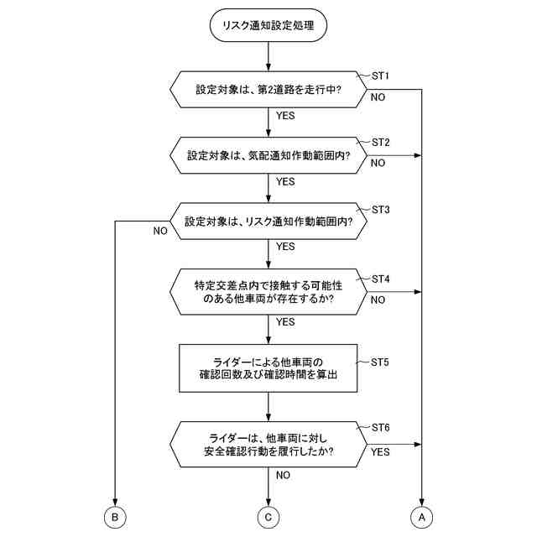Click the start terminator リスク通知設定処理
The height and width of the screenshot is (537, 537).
point(268,26)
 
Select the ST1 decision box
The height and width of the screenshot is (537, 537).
point(268,89)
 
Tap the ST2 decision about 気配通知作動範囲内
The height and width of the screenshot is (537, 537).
point(268,156)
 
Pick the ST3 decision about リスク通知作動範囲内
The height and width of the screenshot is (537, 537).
point(268,222)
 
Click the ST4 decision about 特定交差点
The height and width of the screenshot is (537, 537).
point(268,291)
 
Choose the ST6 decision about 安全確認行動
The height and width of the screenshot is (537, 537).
point(268,444)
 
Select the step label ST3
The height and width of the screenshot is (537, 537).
point(380,209)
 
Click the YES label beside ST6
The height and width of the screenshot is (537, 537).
point(380,451)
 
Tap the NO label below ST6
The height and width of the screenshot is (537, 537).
point(283,475)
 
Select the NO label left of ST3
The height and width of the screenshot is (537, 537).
point(159,231)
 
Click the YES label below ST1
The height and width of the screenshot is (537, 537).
point(285,116)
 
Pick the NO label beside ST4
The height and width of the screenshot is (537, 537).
point(378,300)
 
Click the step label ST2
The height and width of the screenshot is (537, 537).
point(380,142)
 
